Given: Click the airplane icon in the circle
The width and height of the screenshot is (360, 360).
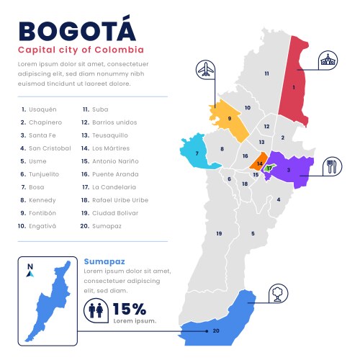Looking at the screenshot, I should (x=206, y=70).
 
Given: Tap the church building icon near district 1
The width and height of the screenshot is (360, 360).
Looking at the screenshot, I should (x=328, y=60).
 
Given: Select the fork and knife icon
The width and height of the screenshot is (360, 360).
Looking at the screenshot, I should (x=332, y=166).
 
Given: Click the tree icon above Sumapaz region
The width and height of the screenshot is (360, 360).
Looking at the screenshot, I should (x=278, y=292).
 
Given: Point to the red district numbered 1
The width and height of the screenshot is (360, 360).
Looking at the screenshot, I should (x=295, y=86).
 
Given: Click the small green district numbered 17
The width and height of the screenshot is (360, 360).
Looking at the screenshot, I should (x=269, y=168).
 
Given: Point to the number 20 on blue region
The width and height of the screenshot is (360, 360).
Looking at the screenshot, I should (x=216, y=330).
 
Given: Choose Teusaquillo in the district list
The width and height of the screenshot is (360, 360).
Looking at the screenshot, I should (x=107, y=135).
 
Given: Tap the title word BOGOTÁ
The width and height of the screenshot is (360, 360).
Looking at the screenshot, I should (x=76, y=31).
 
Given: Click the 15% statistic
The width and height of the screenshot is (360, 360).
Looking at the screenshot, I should (x=130, y=310).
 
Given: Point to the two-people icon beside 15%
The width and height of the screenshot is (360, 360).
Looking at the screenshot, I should (x=95, y=310).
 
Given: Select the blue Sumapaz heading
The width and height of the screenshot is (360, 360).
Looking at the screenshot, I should (x=104, y=261).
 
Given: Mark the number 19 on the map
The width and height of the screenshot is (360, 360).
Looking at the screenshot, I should (x=219, y=233).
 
